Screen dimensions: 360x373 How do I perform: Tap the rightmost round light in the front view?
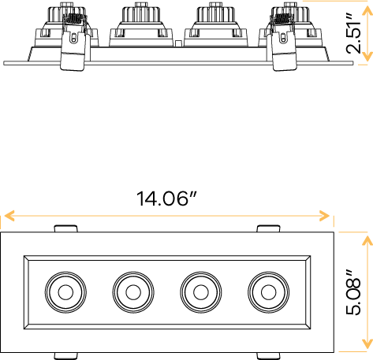coord(267,292)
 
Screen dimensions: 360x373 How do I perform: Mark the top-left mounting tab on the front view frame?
coord(65,229)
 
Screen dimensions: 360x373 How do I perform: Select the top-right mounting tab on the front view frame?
coord(267,229)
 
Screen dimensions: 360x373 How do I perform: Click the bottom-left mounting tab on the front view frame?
coord(65,354)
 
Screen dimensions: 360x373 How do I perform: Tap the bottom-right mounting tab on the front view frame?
coord(267,354)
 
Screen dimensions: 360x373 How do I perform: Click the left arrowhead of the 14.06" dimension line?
coord(6,215)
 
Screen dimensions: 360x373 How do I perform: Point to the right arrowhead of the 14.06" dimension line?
coord(327,215)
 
